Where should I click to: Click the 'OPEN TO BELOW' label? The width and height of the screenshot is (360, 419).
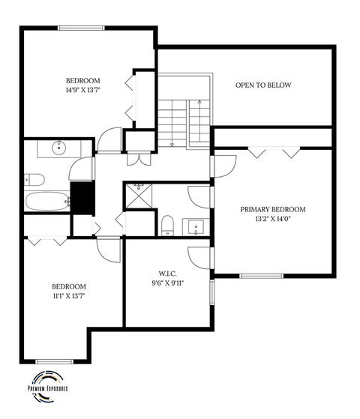pyautogui.click(x=263, y=85)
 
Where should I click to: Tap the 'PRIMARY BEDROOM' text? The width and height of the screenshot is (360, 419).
pyautogui.click(x=273, y=209)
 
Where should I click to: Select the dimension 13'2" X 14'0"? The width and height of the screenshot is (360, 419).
pyautogui.click(x=273, y=220)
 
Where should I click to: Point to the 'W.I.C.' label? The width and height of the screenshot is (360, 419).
pyautogui.click(x=166, y=273)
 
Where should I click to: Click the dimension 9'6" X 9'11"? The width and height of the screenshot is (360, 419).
pyautogui.click(x=166, y=283)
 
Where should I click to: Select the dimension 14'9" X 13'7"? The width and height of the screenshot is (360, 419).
pyautogui.click(x=82, y=91)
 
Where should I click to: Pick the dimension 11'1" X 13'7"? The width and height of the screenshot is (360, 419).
pyautogui.click(x=68, y=296)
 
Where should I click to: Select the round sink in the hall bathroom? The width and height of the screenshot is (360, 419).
pyautogui.click(x=58, y=148)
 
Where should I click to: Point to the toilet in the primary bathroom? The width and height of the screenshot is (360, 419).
pyautogui.click(x=169, y=223)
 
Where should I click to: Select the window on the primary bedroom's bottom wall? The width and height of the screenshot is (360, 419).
pyautogui.click(x=256, y=275)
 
